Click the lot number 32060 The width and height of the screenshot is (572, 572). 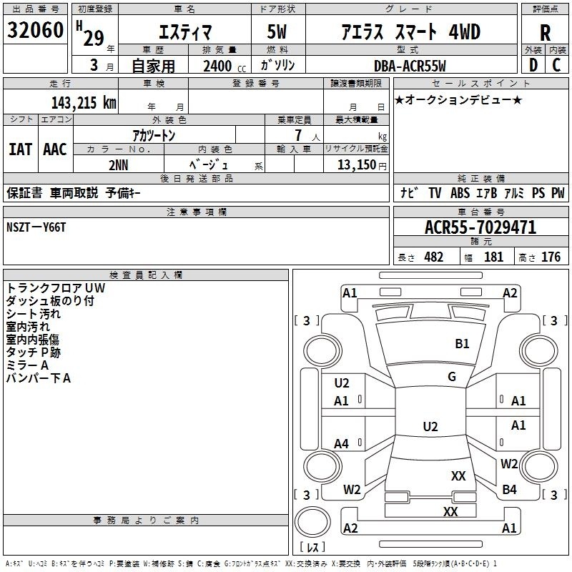click(x=35, y=30)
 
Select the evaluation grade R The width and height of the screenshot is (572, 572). click(x=545, y=33)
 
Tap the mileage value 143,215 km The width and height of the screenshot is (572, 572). click(x=84, y=103)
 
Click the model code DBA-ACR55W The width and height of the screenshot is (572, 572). click(x=410, y=66)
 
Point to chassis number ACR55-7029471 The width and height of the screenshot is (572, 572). click(x=480, y=227)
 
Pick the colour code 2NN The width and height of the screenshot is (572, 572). click(x=119, y=165)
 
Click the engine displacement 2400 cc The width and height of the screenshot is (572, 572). click(x=225, y=66)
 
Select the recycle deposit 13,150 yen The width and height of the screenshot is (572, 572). click(x=362, y=165)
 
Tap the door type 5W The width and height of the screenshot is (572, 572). click(x=277, y=31)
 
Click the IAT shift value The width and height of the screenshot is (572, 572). click(x=20, y=149)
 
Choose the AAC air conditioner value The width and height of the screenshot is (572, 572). click(x=55, y=149)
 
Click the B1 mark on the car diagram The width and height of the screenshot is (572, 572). click(x=462, y=344)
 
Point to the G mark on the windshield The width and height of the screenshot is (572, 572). click(x=452, y=377)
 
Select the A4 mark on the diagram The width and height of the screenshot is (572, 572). click(x=341, y=444)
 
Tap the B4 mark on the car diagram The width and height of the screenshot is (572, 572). click(x=509, y=490)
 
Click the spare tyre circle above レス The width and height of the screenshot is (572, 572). click(x=312, y=522)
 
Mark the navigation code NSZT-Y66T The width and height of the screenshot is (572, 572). click(x=36, y=227)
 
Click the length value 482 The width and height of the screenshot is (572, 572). click(x=434, y=257)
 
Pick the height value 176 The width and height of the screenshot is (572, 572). click(x=551, y=257)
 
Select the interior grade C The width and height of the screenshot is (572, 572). click(x=556, y=65)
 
